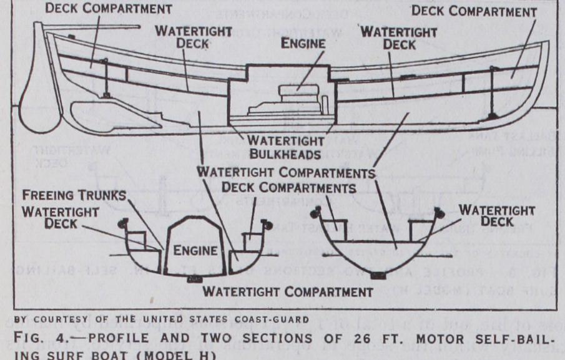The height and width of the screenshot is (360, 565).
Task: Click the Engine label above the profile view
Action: tap(303, 44)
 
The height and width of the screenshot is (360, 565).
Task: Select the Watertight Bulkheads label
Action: tap(285, 147)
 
